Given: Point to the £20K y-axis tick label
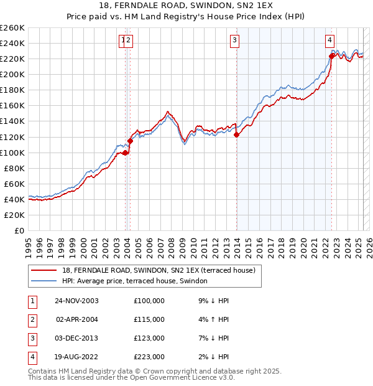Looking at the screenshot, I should pyautogui.click(x=14, y=215).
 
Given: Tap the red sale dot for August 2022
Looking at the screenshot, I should pyautogui.click(x=331, y=56).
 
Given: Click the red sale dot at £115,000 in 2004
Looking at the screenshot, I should pyautogui.click(x=130, y=141).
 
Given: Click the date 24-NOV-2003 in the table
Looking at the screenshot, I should pyautogui.click(x=76, y=301).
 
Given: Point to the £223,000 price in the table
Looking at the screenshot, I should pyautogui.click(x=149, y=357).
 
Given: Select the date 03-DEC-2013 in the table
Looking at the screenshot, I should pyautogui.click(x=76, y=338).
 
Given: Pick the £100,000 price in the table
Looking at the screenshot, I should pyautogui.click(x=149, y=301).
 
